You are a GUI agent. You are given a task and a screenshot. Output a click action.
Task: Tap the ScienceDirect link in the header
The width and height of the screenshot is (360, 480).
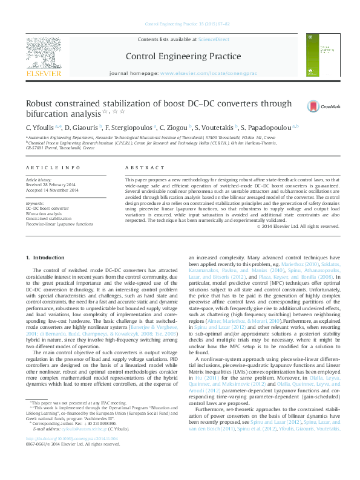(214, 39)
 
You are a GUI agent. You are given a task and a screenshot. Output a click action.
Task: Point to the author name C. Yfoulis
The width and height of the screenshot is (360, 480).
(41, 128)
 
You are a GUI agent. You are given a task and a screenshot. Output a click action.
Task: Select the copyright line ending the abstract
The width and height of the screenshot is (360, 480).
(298, 226)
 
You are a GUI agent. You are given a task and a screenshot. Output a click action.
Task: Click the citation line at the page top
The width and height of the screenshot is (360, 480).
(180, 25)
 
